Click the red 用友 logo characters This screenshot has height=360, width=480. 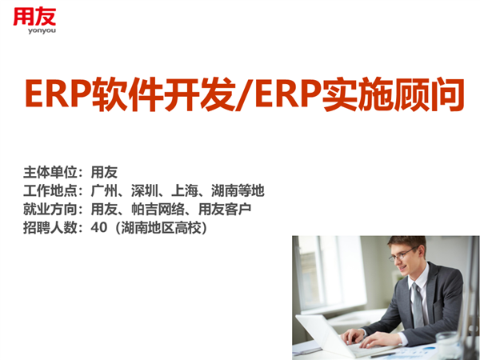[34, 16]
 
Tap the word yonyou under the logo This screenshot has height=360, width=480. [42, 30]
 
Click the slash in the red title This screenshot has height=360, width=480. [244, 94]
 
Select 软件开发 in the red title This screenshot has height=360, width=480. [163, 94]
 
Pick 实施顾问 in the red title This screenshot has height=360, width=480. [394, 94]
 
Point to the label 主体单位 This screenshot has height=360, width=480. [50, 172]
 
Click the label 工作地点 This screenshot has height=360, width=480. [50, 190]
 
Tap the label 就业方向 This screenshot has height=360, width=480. [50, 209]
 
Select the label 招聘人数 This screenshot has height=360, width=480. [50, 227]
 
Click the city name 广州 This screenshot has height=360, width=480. [104, 190]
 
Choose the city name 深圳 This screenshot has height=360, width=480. [145, 190]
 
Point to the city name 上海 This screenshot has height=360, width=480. [185, 190]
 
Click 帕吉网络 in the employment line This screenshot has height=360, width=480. [158, 209]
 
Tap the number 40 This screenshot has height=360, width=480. [99, 227]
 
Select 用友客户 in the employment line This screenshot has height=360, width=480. [225, 209]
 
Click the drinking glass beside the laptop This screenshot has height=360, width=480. [447, 346]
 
